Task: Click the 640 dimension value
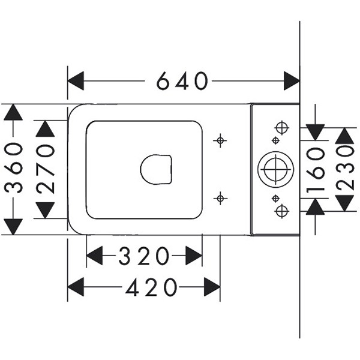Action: click(x=182, y=80)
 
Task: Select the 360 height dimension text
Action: click(x=13, y=168)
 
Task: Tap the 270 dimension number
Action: click(x=45, y=168)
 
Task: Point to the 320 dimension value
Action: click(x=144, y=256)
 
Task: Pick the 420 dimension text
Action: click(x=152, y=288)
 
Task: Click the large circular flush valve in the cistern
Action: click(x=276, y=169)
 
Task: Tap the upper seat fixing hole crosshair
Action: click(x=221, y=140)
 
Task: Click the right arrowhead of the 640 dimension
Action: click(x=292, y=80)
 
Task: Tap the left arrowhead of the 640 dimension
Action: click(x=75, y=80)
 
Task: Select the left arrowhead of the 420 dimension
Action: click(x=76, y=288)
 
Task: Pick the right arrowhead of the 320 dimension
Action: click(x=194, y=256)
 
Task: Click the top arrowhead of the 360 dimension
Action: click(x=13, y=112)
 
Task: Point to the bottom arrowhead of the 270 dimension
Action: click(x=45, y=210)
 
